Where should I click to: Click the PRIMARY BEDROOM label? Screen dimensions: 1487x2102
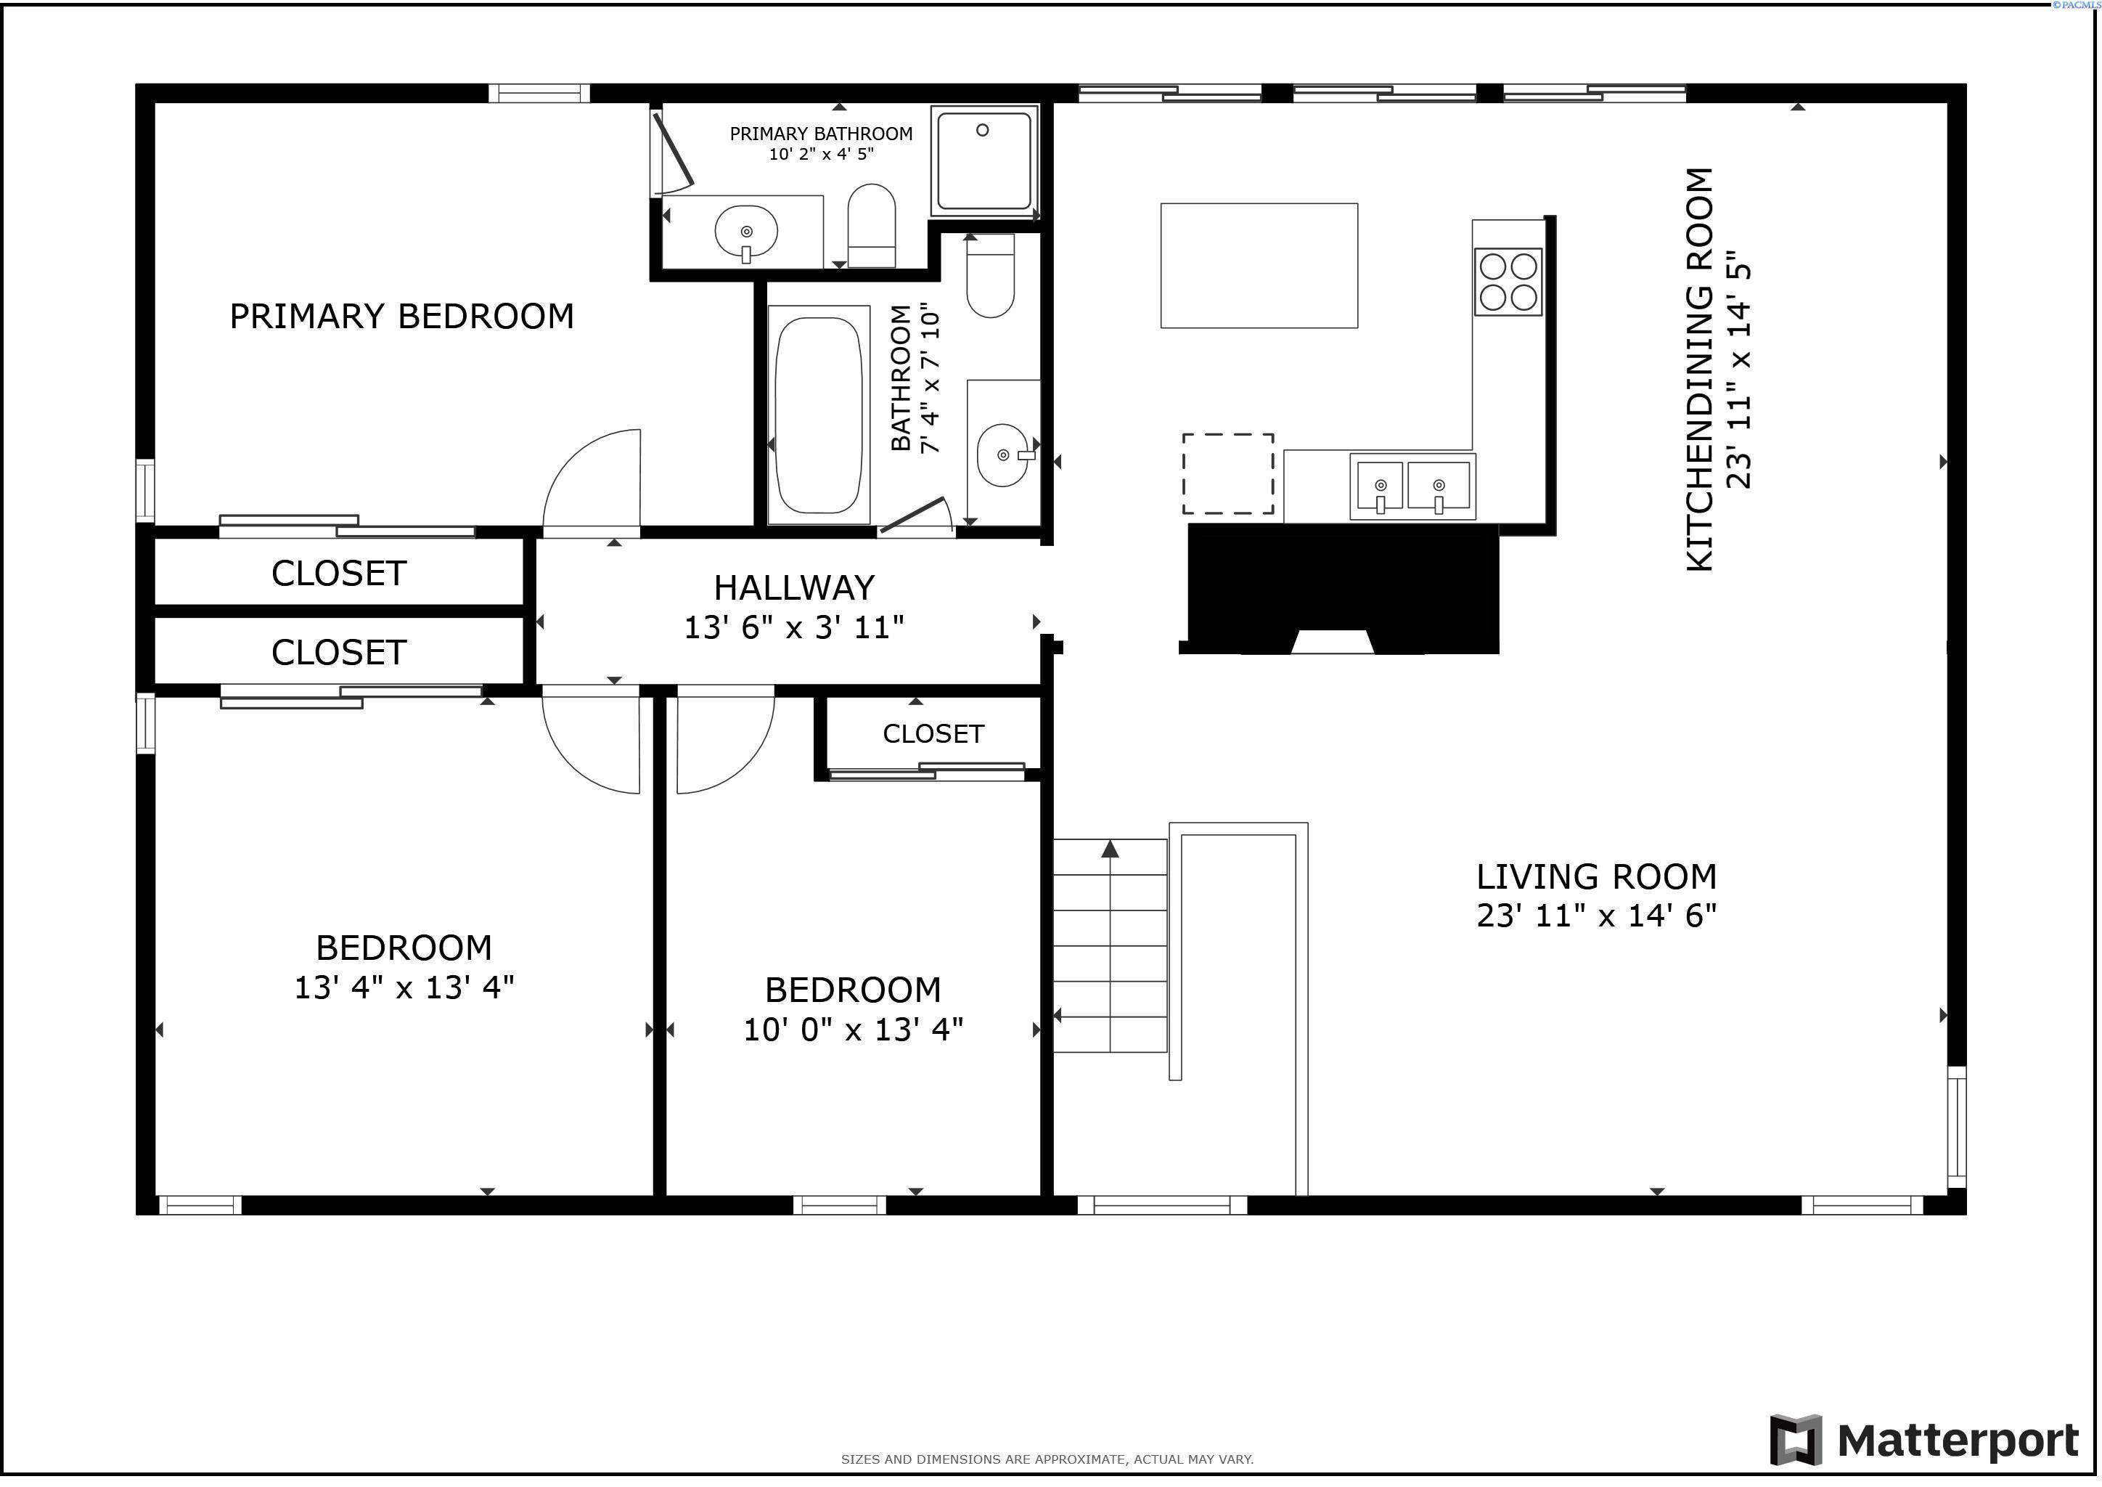point(401,317)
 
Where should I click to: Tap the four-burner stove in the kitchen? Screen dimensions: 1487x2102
point(1507,282)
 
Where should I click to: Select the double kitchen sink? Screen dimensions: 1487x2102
point(1411,487)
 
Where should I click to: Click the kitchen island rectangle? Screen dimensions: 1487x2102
point(1258,266)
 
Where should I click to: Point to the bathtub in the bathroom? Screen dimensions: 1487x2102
point(819,415)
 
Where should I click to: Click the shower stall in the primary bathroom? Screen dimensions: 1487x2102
point(984,160)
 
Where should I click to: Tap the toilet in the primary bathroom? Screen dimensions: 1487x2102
point(871,225)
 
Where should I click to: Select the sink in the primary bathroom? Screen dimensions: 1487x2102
point(746,232)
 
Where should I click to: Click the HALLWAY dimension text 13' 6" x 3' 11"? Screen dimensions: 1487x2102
point(794,628)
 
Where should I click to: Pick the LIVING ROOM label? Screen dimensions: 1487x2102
point(1595,877)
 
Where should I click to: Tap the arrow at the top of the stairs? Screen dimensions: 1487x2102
point(1110,849)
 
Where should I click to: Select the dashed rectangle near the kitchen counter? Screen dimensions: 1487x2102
point(1227,473)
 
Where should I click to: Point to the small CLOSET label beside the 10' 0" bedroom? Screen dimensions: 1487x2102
point(933,734)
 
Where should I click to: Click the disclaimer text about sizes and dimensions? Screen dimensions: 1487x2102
point(1047,1459)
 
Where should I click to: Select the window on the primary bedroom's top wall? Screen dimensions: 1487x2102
point(539,92)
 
